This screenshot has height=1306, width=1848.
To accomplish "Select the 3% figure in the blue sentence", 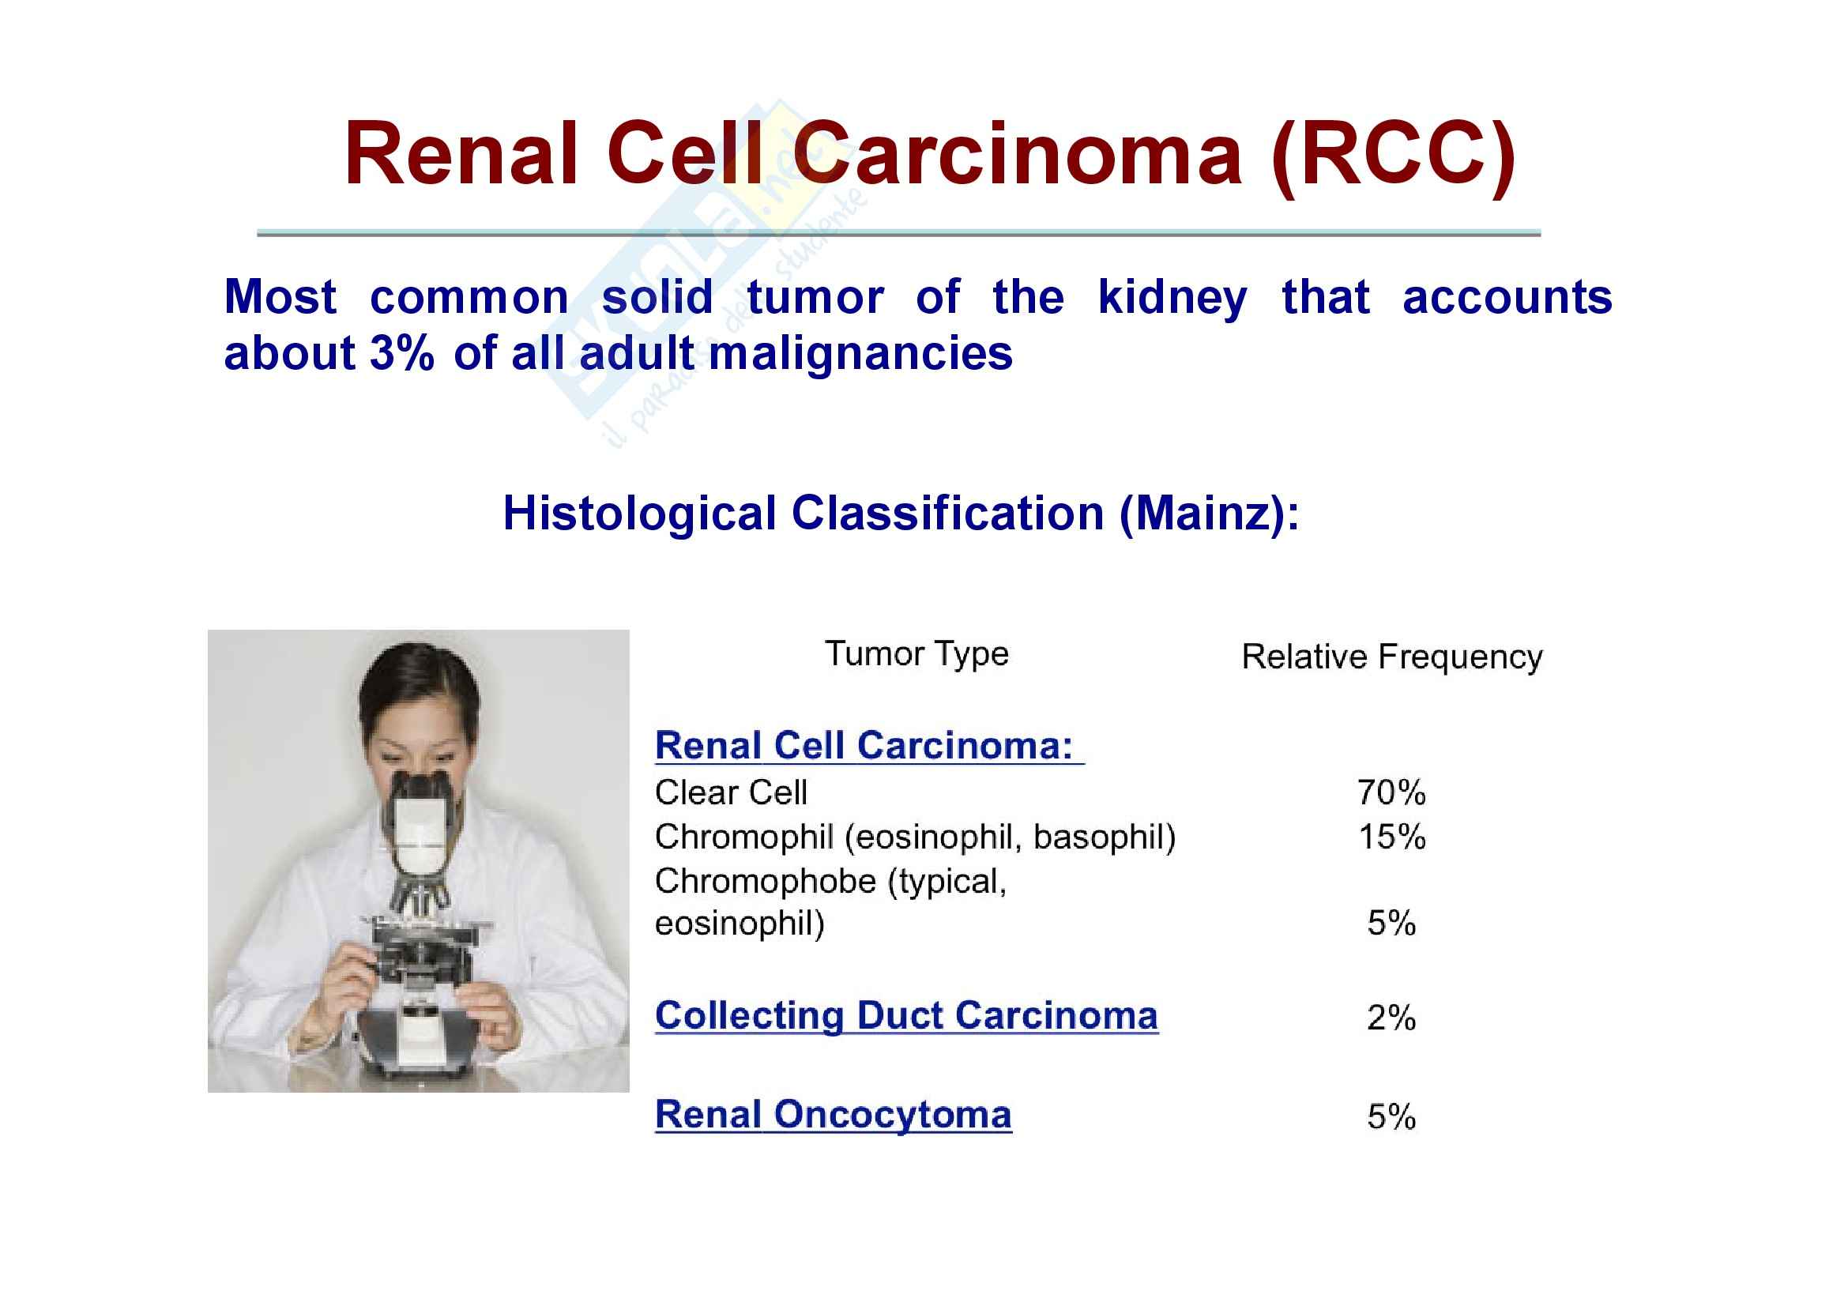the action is pos(402,353).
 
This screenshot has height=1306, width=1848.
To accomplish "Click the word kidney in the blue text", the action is pos(1172,299).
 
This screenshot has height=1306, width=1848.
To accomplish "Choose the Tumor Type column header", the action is pos(916,654).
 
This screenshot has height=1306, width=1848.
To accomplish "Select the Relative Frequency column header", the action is pos(1392,657).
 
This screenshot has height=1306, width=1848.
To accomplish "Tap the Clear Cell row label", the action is pos(731,792).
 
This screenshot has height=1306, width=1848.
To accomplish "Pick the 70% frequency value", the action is pos(1391,792).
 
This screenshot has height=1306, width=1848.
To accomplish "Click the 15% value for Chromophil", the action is pos(1392,837).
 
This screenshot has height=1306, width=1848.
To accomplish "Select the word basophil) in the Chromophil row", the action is pos(1105,837).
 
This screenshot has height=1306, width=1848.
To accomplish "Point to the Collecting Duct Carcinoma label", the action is pos(906,1015).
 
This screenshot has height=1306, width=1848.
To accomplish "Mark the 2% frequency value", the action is pos(1391,1018).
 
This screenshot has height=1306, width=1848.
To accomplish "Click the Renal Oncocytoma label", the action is pos(833,1116).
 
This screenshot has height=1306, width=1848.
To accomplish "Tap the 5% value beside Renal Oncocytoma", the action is pos(1391,1117).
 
